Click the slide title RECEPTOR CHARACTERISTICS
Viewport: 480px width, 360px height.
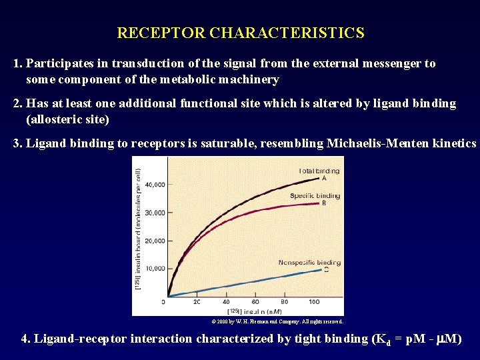[240, 33]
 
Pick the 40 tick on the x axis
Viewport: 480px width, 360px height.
[226, 302]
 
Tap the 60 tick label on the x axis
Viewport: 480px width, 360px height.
[256, 302]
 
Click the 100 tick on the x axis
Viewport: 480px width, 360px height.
[314, 302]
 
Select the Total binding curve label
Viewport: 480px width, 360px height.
[319, 171]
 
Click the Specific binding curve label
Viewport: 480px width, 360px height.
[315, 196]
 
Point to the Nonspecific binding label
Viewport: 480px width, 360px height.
[309, 262]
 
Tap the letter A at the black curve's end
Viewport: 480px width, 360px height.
[324, 178]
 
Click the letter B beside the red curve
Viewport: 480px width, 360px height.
[324, 203]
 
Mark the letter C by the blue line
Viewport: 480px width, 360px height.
[326, 269]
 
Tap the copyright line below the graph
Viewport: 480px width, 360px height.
[277, 321]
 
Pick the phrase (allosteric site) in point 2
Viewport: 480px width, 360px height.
[67, 120]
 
